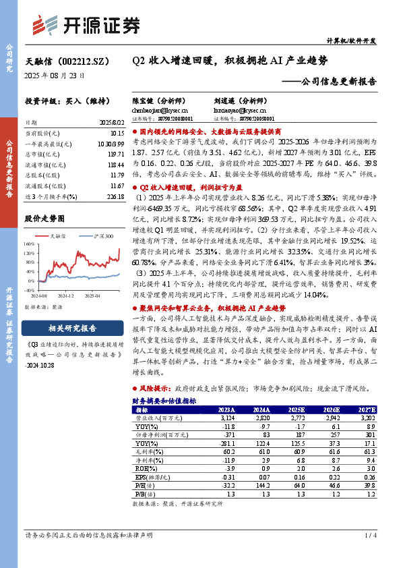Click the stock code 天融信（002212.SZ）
tap(60, 61)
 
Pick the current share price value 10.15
tap(117, 134)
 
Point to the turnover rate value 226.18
tap(115, 196)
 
